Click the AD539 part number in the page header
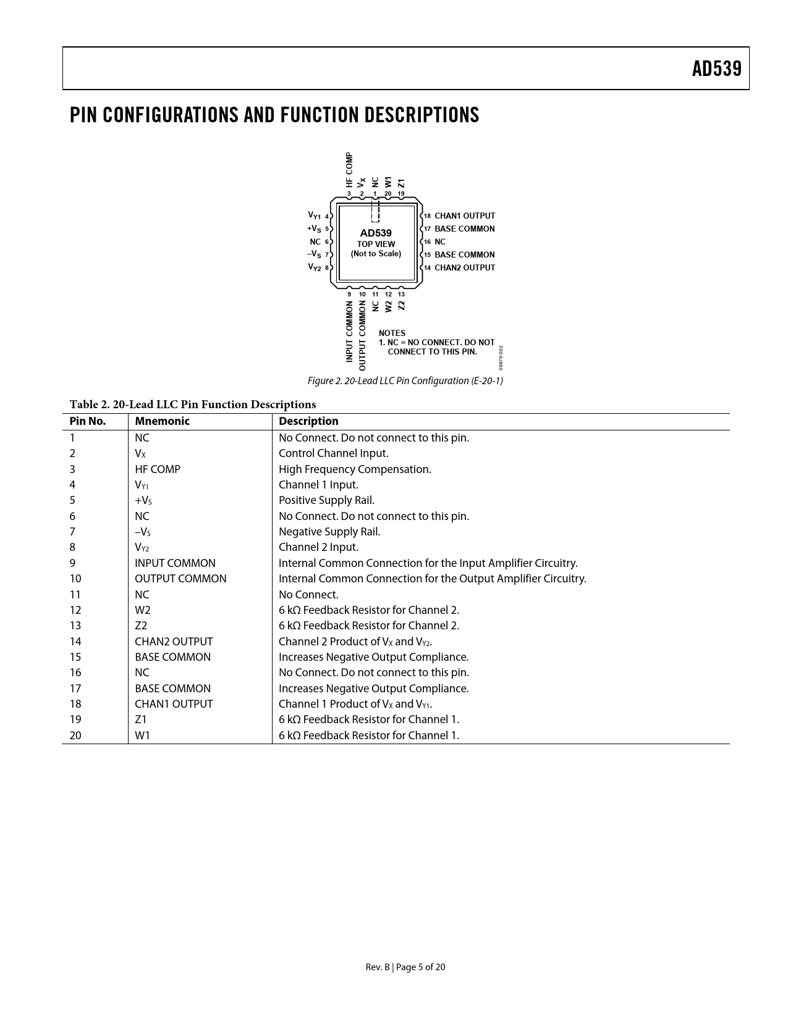coord(716,69)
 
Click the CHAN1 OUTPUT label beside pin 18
coord(465,216)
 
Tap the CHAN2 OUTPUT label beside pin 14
coord(465,268)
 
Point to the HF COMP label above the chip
coord(349,170)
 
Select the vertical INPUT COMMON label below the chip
coord(349,332)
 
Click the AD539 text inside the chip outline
coord(376,233)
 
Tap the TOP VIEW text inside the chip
coord(376,244)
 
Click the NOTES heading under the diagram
coord(392,333)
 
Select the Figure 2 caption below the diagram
coord(405,381)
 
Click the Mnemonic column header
coord(162,422)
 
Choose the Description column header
coord(308,422)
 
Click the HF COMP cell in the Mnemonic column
coord(158,469)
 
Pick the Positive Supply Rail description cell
coord(326,501)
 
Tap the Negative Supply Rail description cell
coord(329,532)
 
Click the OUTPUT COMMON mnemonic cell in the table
coord(180,579)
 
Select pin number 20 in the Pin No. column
coord(75,736)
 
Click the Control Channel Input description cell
coord(333,453)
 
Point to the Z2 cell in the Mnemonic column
coord(141,626)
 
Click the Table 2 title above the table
coord(192,405)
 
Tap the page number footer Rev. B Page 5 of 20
coord(405,967)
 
